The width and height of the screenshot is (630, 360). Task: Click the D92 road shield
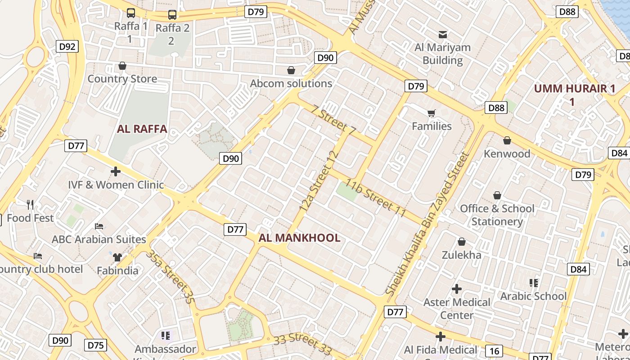coord(67,46)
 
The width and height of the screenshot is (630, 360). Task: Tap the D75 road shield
coord(96,345)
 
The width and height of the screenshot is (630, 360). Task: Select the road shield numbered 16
coord(494,351)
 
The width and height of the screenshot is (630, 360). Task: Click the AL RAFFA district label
coord(142,129)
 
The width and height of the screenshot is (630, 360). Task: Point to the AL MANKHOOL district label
coord(299,238)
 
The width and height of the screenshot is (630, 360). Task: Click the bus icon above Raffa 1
coord(131,13)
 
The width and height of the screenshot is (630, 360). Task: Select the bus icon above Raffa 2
coord(172,15)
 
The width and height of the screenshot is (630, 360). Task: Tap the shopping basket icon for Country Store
coord(122,66)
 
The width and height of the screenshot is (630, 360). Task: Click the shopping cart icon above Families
coord(432,113)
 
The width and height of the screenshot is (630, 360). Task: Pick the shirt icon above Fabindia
coord(117,257)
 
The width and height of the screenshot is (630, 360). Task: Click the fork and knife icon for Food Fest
coord(30,205)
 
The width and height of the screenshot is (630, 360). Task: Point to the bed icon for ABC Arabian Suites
coord(99,226)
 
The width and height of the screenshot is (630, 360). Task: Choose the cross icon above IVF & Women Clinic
coord(116,171)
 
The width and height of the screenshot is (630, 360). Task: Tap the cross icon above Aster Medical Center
coord(457,288)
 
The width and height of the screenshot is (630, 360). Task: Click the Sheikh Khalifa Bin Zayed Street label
coord(427,224)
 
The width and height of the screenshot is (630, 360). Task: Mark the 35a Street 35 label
coord(171,277)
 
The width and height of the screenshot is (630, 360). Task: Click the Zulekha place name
coord(461,255)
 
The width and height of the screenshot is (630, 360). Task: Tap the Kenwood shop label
coord(507,154)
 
